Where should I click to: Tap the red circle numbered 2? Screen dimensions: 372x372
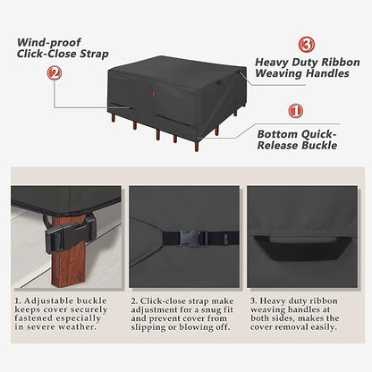click(55, 74)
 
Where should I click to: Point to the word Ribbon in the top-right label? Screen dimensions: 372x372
click(318, 62)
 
